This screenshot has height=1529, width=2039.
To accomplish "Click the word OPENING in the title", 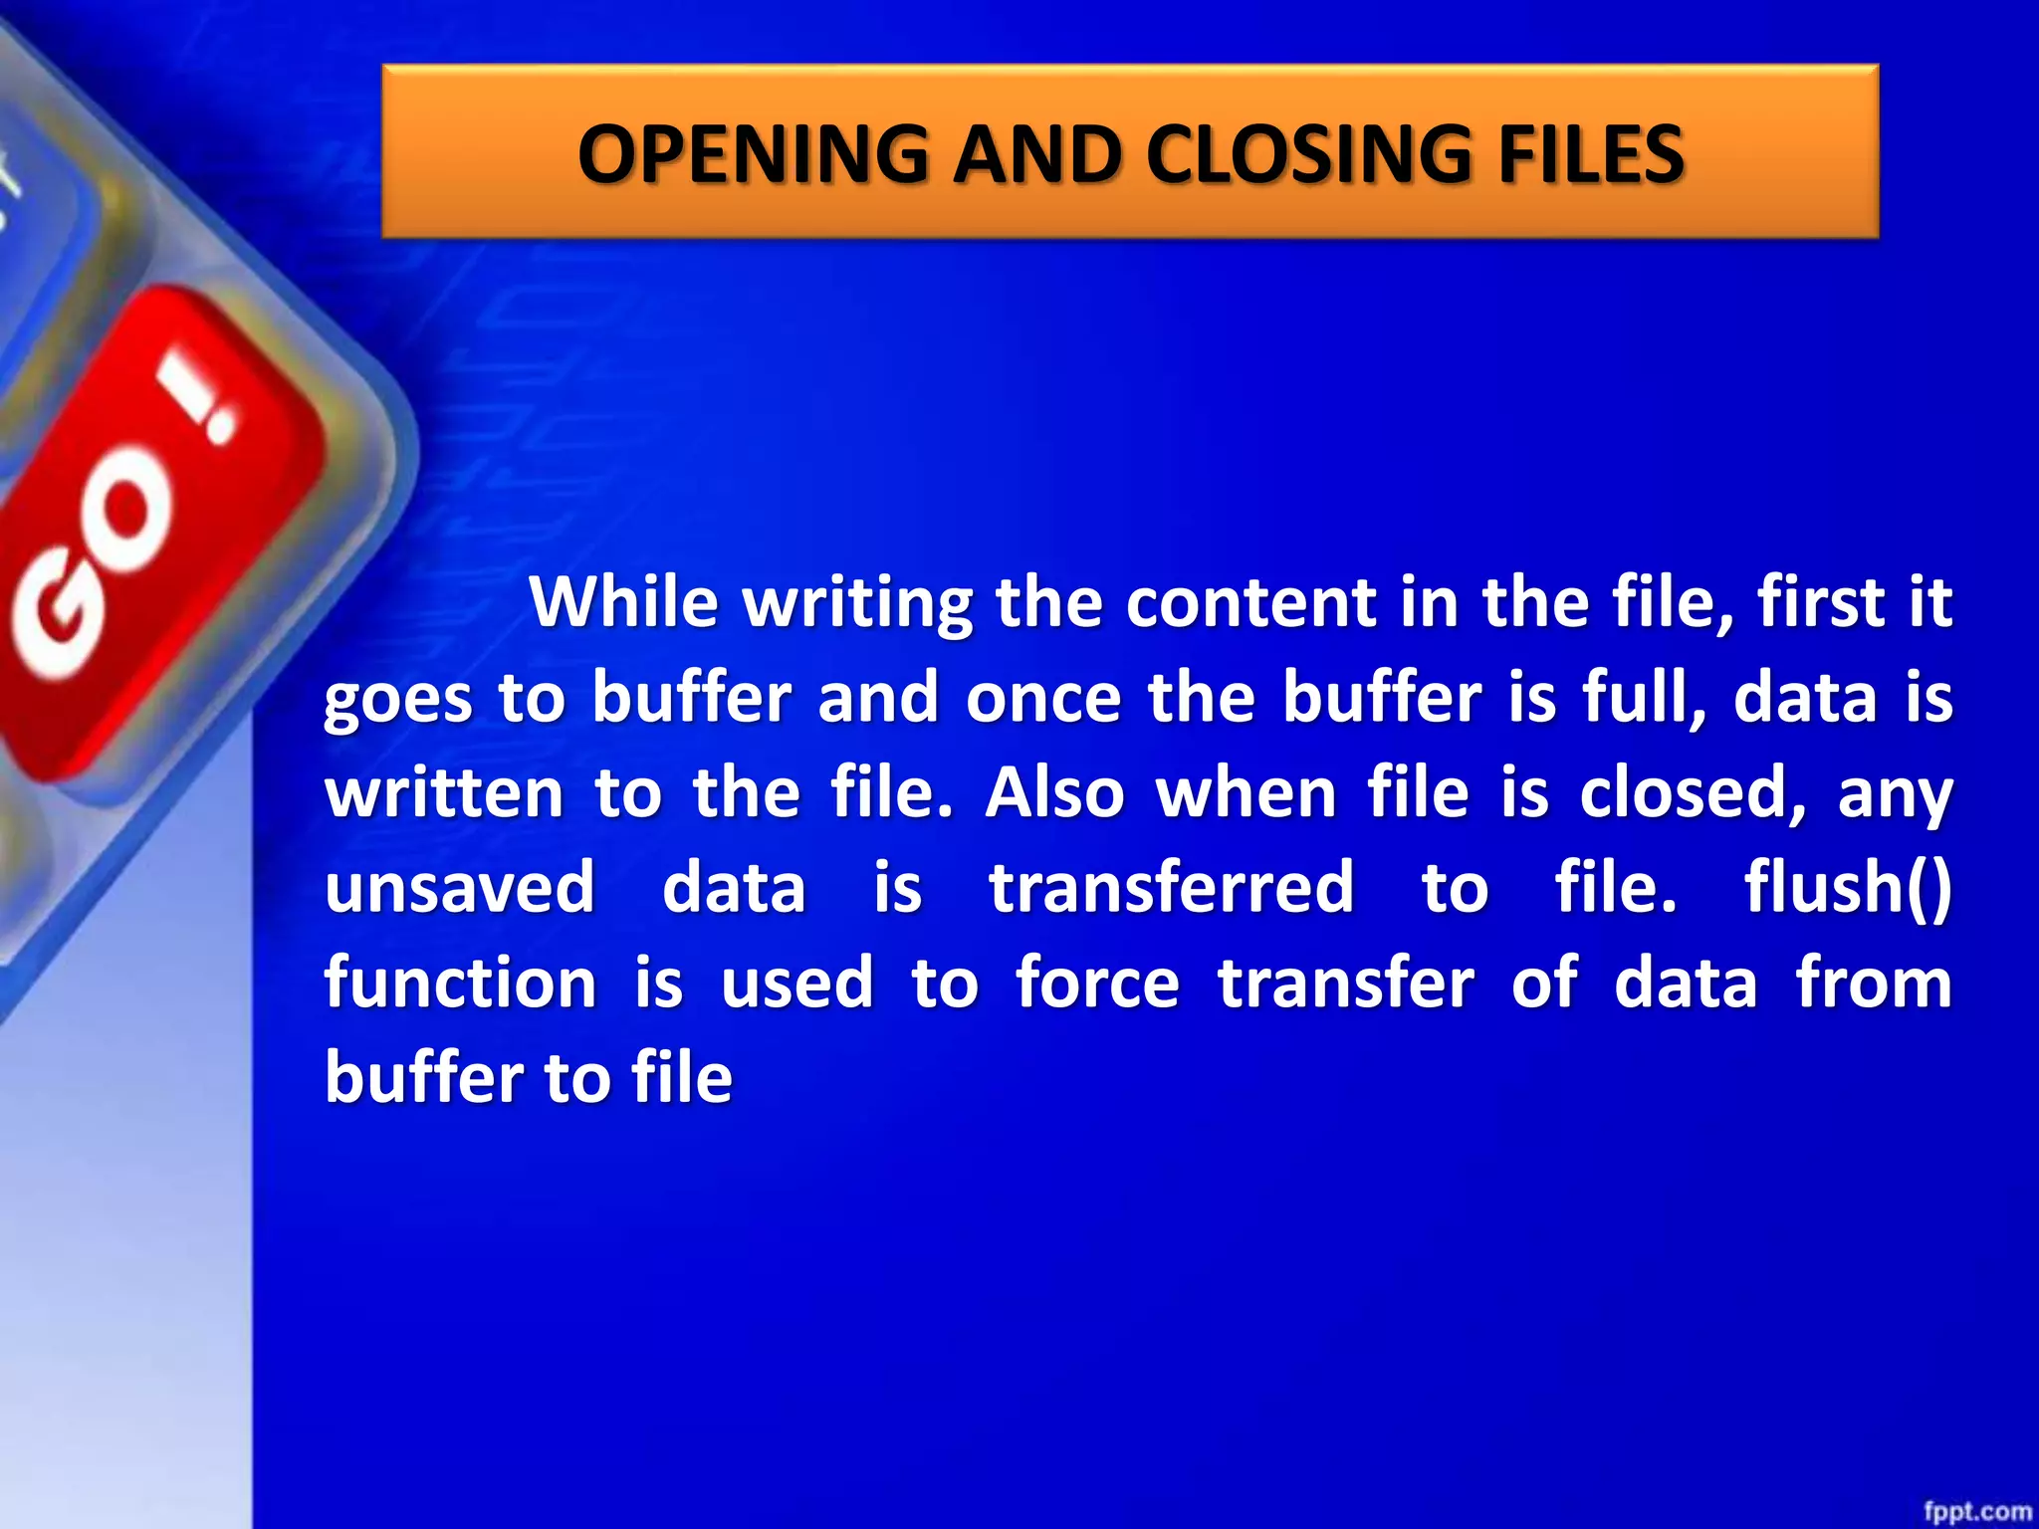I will click(752, 154).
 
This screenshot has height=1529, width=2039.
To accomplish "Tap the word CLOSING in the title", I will click(1307, 154).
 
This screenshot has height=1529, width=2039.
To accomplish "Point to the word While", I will click(623, 602).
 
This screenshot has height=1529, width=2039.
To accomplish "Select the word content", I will click(1248, 602).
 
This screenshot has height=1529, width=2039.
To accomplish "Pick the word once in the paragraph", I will click(1043, 698).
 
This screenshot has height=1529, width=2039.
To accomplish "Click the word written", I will click(444, 793).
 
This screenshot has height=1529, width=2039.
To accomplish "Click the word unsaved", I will click(460, 887).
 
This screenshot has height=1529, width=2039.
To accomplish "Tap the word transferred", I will click(1171, 887).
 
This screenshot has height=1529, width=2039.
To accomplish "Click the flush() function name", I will click(1848, 887).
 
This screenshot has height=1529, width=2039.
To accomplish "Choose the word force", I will click(1097, 983).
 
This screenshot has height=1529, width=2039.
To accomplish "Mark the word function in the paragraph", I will click(460, 983).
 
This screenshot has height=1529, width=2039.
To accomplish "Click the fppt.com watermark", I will click(1977, 1511).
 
